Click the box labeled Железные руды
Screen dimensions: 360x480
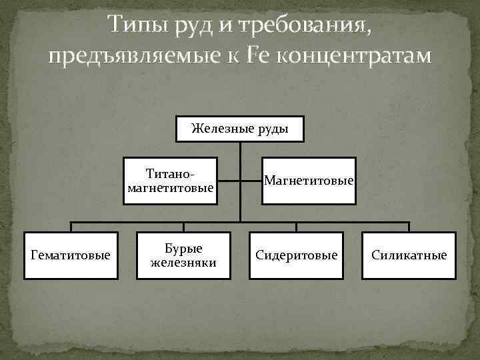(240, 129)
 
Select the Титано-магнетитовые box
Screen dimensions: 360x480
(170, 181)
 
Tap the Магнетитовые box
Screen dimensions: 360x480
(309, 181)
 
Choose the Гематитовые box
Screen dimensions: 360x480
(71, 255)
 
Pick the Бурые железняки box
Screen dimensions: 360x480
(183, 255)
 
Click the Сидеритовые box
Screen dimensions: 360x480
(297, 255)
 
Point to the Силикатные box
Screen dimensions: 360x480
(409, 255)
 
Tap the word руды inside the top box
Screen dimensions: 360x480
(271, 129)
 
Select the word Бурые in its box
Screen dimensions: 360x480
(183, 249)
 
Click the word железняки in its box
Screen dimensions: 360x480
(183, 262)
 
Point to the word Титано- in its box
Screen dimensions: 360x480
(171, 174)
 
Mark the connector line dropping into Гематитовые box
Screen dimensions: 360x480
(71, 226)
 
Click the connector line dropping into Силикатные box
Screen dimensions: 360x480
(409, 226)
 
